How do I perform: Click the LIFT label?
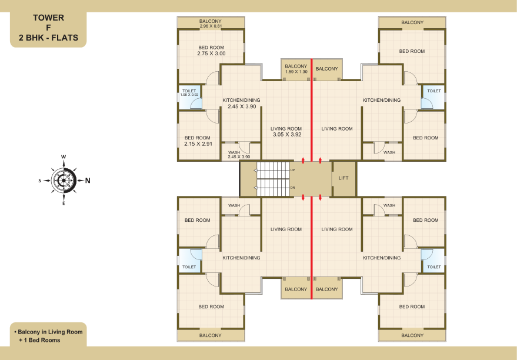pos(343,178)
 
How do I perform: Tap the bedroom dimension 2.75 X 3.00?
pos(211,54)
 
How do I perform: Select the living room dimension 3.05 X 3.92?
pos(287,135)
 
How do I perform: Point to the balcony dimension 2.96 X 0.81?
pos(211,26)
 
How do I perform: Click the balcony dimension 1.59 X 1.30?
pos(296,72)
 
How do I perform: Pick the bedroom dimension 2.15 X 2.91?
pos(198,144)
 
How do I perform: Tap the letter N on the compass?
pos(88,181)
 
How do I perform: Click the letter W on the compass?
pos(64,157)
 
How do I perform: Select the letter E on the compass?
pos(64,204)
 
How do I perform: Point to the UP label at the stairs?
pos(292,170)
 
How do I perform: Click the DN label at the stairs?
pos(292,188)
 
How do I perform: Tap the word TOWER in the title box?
pos(48,18)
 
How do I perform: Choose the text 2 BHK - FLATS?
pos(48,38)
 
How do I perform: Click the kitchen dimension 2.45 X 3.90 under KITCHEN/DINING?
pos(242,106)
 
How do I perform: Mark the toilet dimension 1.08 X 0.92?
pos(189,95)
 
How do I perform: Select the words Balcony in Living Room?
pos(50,332)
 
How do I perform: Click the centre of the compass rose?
pos(64,181)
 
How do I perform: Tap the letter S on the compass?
pos(40,181)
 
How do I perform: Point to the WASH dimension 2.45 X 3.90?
pos(239,157)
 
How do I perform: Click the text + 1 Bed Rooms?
pos(39,340)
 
